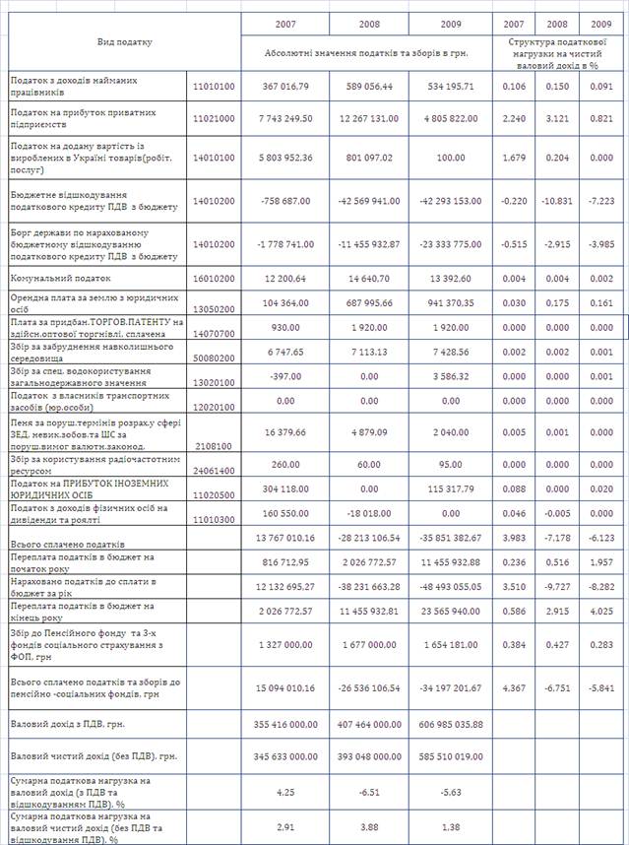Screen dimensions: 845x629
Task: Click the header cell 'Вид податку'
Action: (125, 42)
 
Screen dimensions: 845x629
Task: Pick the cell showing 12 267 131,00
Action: (368, 118)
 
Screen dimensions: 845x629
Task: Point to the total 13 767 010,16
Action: (285, 537)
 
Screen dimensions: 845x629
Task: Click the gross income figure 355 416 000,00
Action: (284, 723)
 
